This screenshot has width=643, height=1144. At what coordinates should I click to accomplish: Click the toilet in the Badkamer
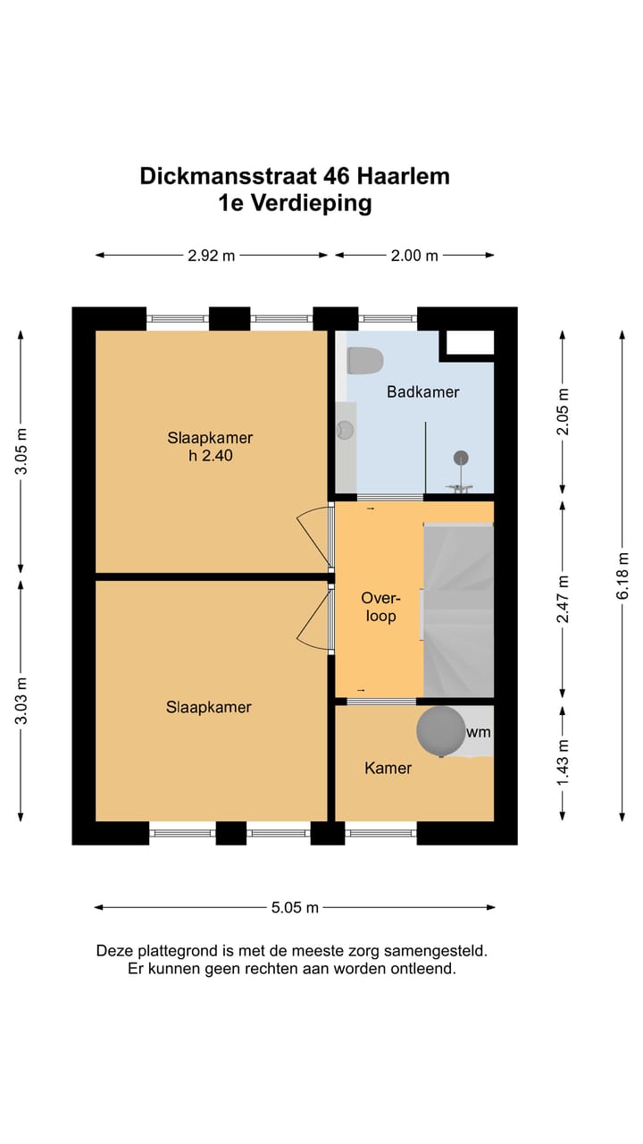point(365,360)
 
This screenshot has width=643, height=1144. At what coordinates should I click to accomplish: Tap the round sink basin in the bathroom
point(346,430)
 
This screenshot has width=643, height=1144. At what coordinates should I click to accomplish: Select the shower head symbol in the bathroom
point(461,458)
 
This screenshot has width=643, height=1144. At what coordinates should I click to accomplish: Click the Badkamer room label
point(423,392)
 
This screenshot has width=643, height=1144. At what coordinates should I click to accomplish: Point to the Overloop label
point(380,607)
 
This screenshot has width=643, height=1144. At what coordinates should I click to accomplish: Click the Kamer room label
point(388,768)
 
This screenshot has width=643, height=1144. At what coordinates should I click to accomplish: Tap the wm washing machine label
point(478,732)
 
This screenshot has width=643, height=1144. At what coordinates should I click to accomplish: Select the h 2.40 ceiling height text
point(210,455)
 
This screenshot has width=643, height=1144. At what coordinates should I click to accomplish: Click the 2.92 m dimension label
point(212,256)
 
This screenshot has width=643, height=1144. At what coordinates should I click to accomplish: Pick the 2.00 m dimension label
point(414,256)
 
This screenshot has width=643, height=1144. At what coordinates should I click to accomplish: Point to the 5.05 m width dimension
point(295,907)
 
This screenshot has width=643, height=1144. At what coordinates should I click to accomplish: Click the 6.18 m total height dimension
point(622,576)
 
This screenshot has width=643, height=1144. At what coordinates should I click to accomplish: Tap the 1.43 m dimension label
point(563,763)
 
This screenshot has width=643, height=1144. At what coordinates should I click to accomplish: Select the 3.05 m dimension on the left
point(21,451)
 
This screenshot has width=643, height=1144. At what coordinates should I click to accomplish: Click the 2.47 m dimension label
point(563,599)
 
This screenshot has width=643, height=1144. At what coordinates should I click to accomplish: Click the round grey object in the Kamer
point(441,731)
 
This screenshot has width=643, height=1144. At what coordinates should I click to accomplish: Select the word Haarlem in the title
point(403,177)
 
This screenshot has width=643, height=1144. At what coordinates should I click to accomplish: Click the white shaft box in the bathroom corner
point(470,342)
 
